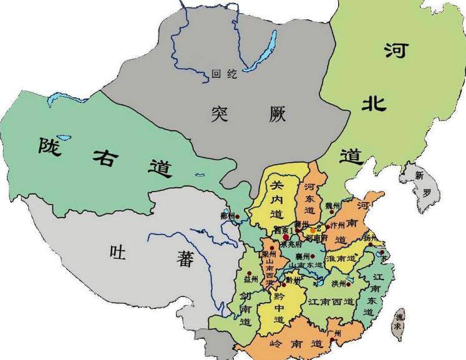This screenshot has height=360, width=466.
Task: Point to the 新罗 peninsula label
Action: (x=422, y=184)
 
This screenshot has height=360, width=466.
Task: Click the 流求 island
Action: (x=399, y=324)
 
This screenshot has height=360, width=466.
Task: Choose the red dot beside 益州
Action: (x=249, y=273)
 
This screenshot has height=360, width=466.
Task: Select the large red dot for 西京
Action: (x=286, y=237)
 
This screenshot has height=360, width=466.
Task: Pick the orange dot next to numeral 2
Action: (x=313, y=230)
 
